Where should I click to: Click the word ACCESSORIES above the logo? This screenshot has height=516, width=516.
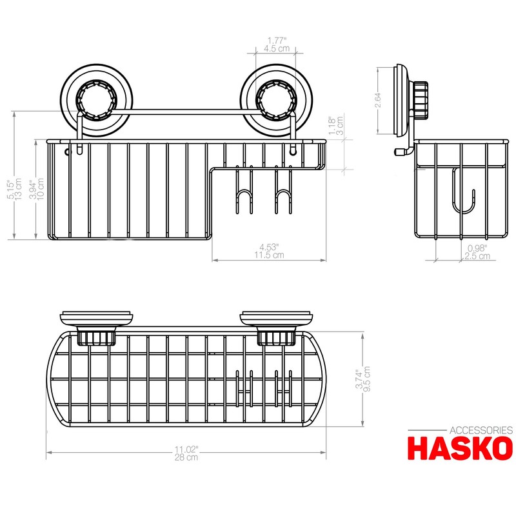(481, 430)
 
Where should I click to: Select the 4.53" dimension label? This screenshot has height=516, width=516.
(268, 246)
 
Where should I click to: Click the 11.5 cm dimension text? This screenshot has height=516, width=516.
(268, 255)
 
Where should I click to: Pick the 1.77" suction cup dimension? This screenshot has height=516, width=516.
(277, 39)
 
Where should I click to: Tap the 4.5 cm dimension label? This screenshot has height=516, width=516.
(277, 48)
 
